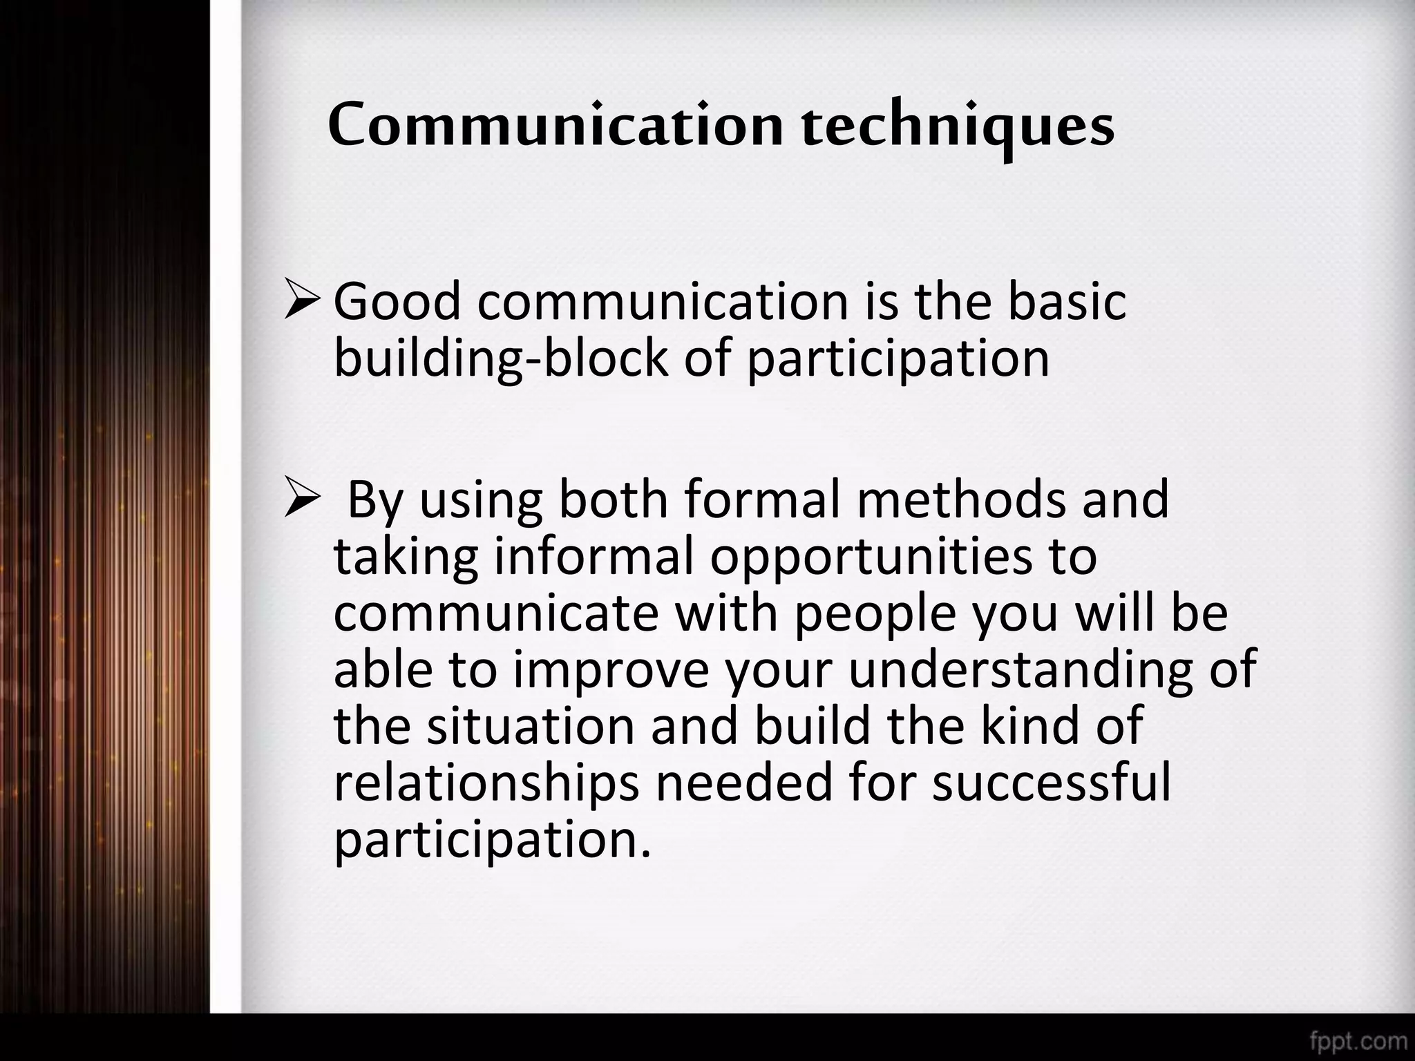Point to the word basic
1067,302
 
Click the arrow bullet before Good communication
301,302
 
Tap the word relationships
486,784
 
